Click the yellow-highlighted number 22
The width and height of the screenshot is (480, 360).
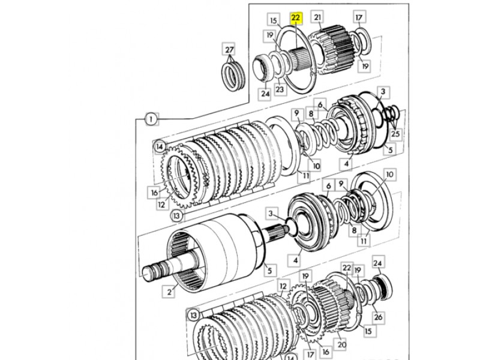(296, 18)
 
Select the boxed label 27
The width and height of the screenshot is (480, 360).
(229, 50)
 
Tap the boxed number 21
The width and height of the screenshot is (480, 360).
(317, 17)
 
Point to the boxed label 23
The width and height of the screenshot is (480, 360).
(280, 89)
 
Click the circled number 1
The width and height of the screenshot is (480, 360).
(151, 119)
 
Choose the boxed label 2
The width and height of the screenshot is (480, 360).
(169, 292)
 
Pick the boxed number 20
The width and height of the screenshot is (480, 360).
(341, 344)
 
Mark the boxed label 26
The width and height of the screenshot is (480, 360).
(379, 317)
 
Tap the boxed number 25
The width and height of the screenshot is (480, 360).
(395, 134)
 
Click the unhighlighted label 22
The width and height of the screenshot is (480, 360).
(347, 268)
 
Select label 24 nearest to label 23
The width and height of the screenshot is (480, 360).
(265, 94)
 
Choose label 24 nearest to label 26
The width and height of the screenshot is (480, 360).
(378, 263)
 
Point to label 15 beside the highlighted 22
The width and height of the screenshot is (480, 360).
(274, 20)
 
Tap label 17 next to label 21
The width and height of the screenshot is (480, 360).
(359, 17)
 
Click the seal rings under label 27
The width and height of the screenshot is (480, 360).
(233, 76)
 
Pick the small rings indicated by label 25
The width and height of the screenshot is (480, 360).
(392, 113)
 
